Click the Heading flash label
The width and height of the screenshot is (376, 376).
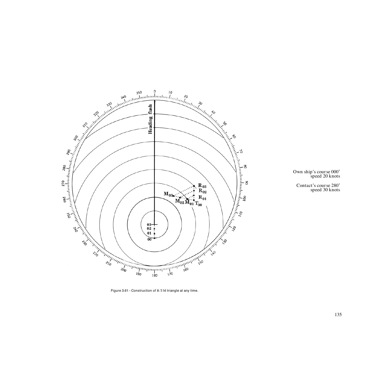coord(150,119)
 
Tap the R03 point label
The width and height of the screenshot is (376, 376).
coord(202,186)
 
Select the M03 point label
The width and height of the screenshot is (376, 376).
coord(168,194)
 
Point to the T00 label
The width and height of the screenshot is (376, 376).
coord(198,204)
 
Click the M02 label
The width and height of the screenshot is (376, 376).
coord(179,201)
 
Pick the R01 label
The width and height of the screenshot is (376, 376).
coord(202,198)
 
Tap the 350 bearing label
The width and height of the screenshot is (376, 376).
coord(139,93)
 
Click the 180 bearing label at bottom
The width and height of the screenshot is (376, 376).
coord(154,276)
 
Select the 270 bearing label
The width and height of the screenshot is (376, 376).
coord(63,183)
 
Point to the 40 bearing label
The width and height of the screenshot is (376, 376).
coord(213,113)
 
